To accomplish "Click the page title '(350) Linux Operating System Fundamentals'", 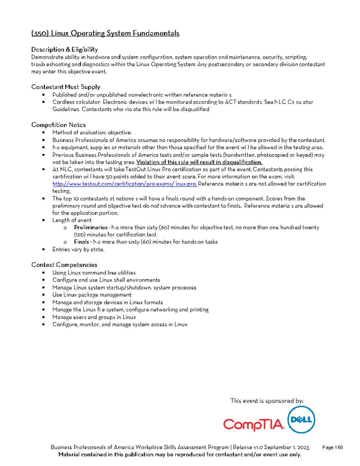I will click(x=105, y=33).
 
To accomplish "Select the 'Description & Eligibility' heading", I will click(x=64, y=50).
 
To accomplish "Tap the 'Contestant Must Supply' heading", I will click(x=66, y=87).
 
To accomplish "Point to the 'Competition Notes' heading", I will click(x=58, y=125).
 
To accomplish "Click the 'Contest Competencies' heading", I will click(x=64, y=265).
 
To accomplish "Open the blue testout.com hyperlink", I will click(x=124, y=184).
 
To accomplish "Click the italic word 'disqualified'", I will click(x=195, y=109).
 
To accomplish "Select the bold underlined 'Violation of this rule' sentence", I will click(x=199, y=162).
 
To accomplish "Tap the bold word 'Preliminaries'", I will click(x=91, y=227).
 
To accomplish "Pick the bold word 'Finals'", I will click(x=81, y=242).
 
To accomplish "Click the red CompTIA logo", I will click(x=253, y=424).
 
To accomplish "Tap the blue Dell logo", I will click(x=301, y=419).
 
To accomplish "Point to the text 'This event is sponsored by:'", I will click(x=267, y=401).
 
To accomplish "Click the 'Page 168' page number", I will click(x=332, y=447).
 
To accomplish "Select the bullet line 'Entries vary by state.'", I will click(x=78, y=249).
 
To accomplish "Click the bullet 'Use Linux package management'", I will click(x=92, y=295).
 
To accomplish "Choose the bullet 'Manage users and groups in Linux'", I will click(x=94, y=317).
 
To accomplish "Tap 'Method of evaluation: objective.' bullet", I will click(x=92, y=133).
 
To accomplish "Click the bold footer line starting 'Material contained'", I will click(x=180, y=455).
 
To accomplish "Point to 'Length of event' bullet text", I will click(x=72, y=220).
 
